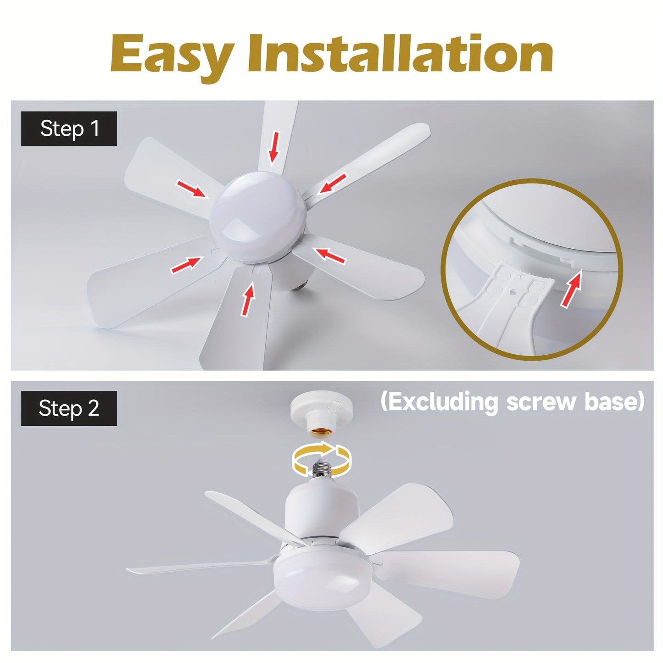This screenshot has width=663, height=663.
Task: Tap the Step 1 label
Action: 69,128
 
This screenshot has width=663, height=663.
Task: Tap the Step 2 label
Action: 69,408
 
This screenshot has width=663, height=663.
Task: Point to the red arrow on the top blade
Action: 274,146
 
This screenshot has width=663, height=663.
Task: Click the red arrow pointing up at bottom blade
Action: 248,300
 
